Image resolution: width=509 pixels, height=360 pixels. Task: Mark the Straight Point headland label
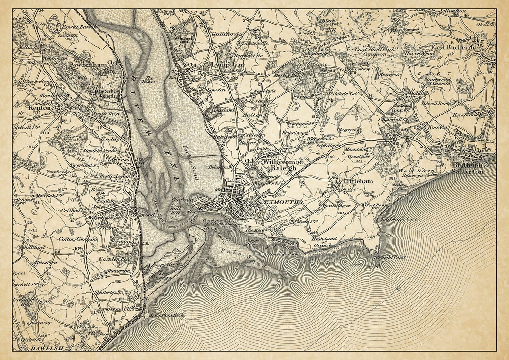pyautogui.click(x=390, y=257)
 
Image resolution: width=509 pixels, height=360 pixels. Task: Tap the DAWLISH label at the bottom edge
pyautogui.click(x=46, y=348)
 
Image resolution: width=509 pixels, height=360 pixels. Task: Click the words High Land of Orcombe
pyautogui.click(x=324, y=242)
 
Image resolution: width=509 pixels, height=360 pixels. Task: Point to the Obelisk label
pyautogui.click(x=486, y=25)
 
